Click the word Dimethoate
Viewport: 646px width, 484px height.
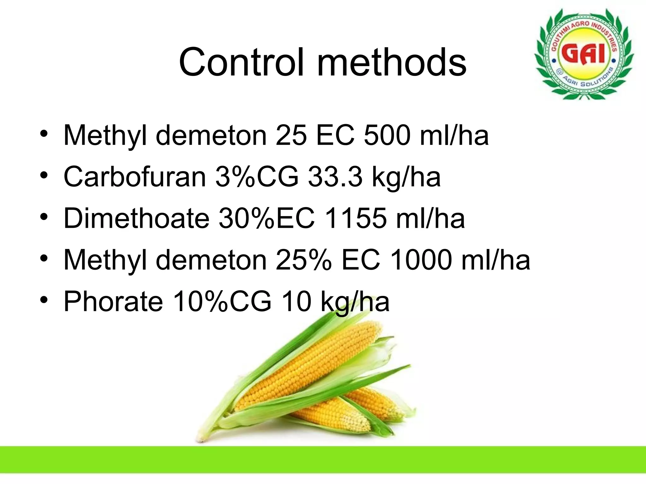[x=136, y=218]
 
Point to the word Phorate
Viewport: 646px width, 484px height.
[x=113, y=302]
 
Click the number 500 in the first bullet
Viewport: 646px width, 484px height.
[x=387, y=135]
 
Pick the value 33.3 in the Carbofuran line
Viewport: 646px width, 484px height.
[x=335, y=177]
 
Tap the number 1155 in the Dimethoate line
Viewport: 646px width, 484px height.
[x=355, y=218]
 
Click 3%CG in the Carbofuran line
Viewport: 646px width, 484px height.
[x=257, y=177]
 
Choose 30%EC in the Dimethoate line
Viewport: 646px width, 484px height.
[x=267, y=218]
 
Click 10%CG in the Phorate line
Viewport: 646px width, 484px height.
[x=222, y=302]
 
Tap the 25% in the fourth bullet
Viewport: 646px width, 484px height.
[x=303, y=260]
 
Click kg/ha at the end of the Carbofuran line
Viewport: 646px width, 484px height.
[x=406, y=177]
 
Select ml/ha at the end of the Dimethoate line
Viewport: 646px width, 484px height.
[x=430, y=218]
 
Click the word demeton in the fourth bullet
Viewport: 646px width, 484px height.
[x=211, y=260]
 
